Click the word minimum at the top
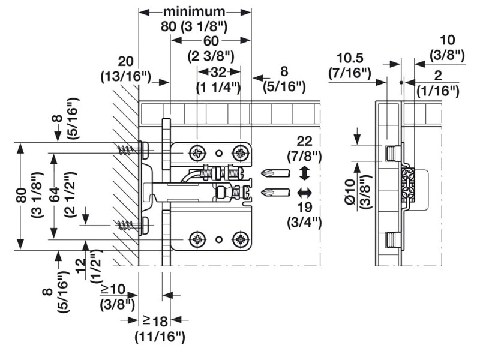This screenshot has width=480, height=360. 194,11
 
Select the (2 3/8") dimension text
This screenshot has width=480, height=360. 211,57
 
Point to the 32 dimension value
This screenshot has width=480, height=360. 218,72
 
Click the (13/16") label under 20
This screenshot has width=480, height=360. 125,77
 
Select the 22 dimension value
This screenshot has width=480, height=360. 305,142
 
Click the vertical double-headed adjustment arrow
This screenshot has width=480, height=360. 304,175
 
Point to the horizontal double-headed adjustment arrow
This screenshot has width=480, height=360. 304,193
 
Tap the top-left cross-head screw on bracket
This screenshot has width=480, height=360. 197,152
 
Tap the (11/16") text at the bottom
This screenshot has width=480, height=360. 160,337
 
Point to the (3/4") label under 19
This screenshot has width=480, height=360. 304,222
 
